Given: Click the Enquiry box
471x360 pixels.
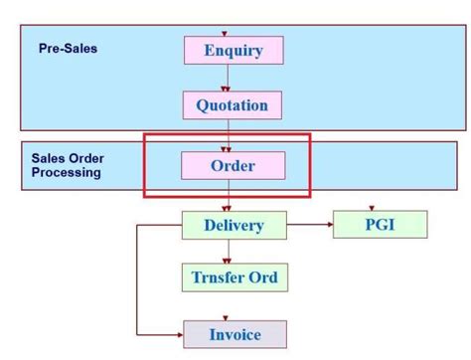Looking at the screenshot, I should (233, 51).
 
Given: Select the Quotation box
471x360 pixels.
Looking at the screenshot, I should (232, 104).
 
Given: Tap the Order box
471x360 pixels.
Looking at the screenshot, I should (233, 165).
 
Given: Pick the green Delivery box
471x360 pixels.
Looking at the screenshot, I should (234, 225).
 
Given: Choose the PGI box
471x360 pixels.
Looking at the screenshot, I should (380, 224).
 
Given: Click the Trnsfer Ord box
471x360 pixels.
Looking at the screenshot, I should (234, 276).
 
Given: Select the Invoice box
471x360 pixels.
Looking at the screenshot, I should (235, 334).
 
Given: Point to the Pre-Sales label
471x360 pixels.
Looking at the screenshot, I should (69, 48).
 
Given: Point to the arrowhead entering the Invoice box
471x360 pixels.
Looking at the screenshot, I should (179, 334).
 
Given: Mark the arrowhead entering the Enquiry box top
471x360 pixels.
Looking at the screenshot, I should (226, 34).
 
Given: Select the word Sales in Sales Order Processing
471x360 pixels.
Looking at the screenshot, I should (49, 157).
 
